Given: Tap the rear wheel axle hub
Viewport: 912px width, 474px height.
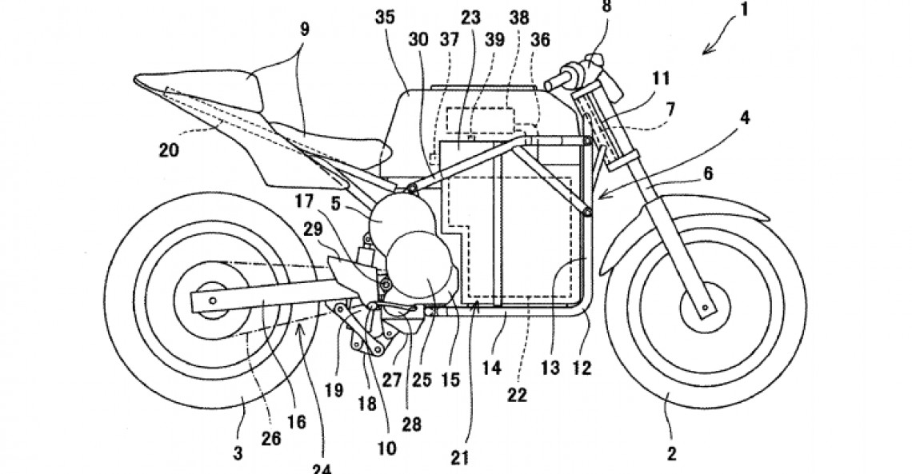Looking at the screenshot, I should coord(209,298).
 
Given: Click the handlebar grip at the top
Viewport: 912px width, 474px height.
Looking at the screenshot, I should coord(560,81).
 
